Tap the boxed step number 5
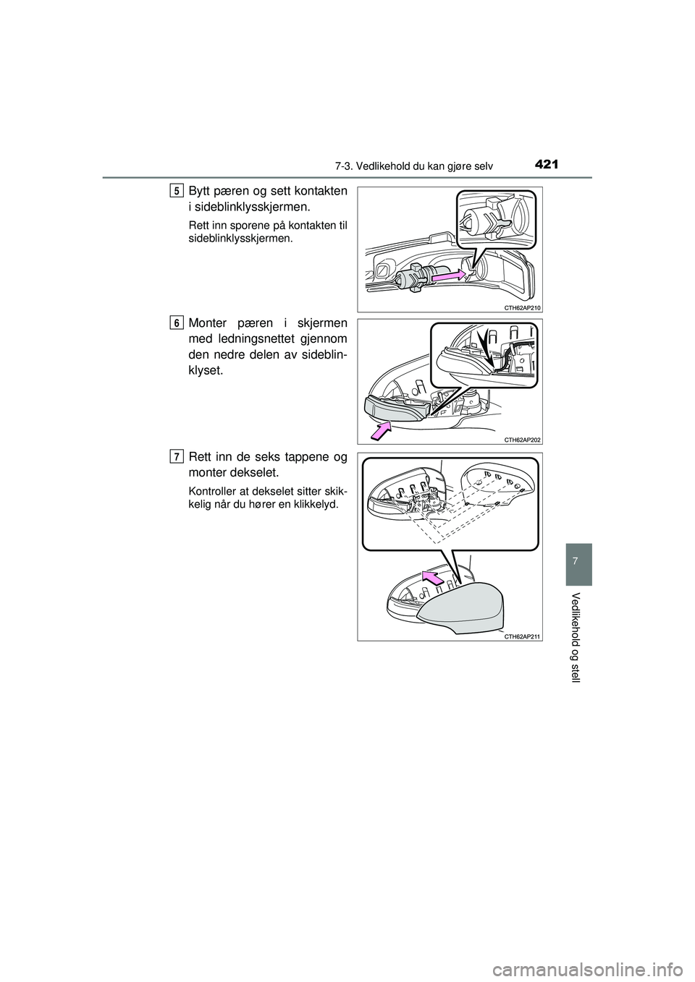(177, 191)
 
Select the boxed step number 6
(177, 323)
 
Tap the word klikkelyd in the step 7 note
(311, 503)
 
